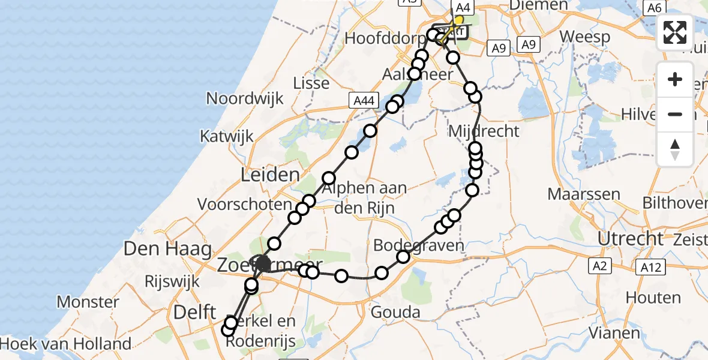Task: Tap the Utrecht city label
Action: (x=630, y=238)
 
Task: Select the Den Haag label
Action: (x=169, y=248)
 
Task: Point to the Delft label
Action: (x=194, y=311)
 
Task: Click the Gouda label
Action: (x=395, y=312)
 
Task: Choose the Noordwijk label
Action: (x=244, y=98)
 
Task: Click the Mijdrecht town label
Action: (x=484, y=130)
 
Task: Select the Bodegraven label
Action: (x=419, y=245)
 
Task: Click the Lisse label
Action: (x=311, y=83)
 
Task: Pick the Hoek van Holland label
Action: (x=65, y=344)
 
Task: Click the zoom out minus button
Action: (x=675, y=114)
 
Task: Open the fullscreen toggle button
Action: (x=675, y=32)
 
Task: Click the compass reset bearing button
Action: (x=675, y=149)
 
